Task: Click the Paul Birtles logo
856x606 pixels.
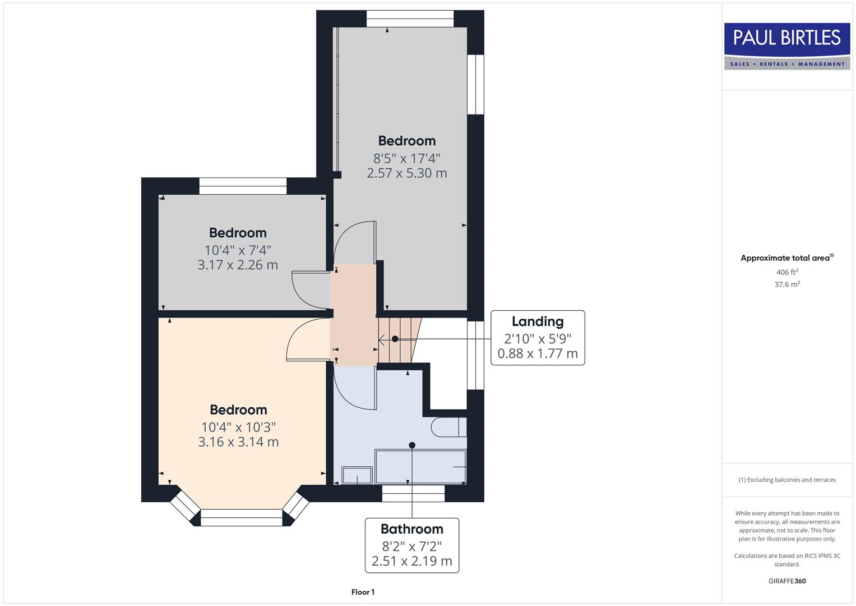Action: tap(787, 46)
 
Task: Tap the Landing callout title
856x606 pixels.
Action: tap(537, 322)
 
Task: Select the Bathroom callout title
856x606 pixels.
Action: tap(411, 529)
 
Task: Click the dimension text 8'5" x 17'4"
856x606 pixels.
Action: tap(406, 158)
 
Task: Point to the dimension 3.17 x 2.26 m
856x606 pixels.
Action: tap(238, 265)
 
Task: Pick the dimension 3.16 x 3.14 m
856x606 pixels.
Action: tap(238, 442)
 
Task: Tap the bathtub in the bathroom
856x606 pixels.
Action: tap(420, 466)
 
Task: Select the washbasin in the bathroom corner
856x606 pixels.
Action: tap(357, 475)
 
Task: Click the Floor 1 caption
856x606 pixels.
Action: tap(363, 592)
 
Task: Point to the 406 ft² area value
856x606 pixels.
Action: tap(787, 272)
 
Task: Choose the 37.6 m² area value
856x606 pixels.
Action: tap(787, 284)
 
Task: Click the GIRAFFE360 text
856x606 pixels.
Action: tap(787, 581)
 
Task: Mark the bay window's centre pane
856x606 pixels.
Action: tap(241, 517)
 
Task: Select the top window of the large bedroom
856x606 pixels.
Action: tap(410, 19)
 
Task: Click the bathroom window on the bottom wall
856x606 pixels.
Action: tap(413, 493)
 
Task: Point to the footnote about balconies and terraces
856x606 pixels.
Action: tap(787, 480)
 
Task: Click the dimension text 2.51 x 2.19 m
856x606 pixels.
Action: tap(411, 561)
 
